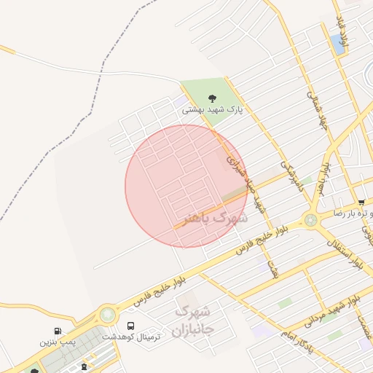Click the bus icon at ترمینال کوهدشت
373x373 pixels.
point(131,326)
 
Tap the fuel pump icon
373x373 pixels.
point(58,331)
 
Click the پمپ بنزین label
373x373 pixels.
point(58,342)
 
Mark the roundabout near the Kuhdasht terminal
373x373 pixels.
point(108,315)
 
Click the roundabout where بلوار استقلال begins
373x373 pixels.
point(311,219)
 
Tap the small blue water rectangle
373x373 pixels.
point(338,43)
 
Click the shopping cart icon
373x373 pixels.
point(361,202)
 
